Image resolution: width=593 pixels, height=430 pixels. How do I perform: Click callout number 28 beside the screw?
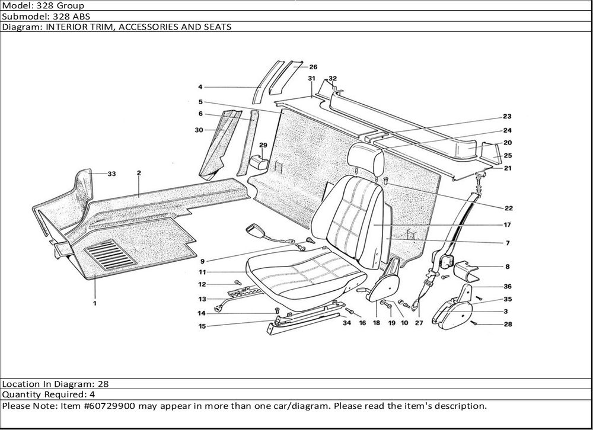[x=508, y=325]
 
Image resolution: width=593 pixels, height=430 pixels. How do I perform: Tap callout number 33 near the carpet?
[x=111, y=174]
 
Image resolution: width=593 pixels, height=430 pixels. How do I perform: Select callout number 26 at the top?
[x=313, y=67]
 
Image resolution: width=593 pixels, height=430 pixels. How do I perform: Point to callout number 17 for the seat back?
[x=508, y=225]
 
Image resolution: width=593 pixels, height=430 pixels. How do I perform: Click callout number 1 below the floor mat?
[x=94, y=303]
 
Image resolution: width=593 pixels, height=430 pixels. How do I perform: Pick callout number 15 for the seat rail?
[x=202, y=325]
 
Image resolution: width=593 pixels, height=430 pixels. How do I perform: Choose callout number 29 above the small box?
[x=263, y=145]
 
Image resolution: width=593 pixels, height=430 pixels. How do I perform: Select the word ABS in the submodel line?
[x=81, y=17]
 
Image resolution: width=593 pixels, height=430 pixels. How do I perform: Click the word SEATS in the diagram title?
[x=215, y=27]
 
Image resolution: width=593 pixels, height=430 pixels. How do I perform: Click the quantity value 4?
[x=93, y=394]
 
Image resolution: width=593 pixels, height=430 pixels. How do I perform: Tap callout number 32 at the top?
[x=332, y=78]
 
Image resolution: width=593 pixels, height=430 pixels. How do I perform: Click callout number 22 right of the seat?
[x=508, y=208]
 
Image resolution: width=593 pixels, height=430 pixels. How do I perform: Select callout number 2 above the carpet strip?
[x=138, y=174]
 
